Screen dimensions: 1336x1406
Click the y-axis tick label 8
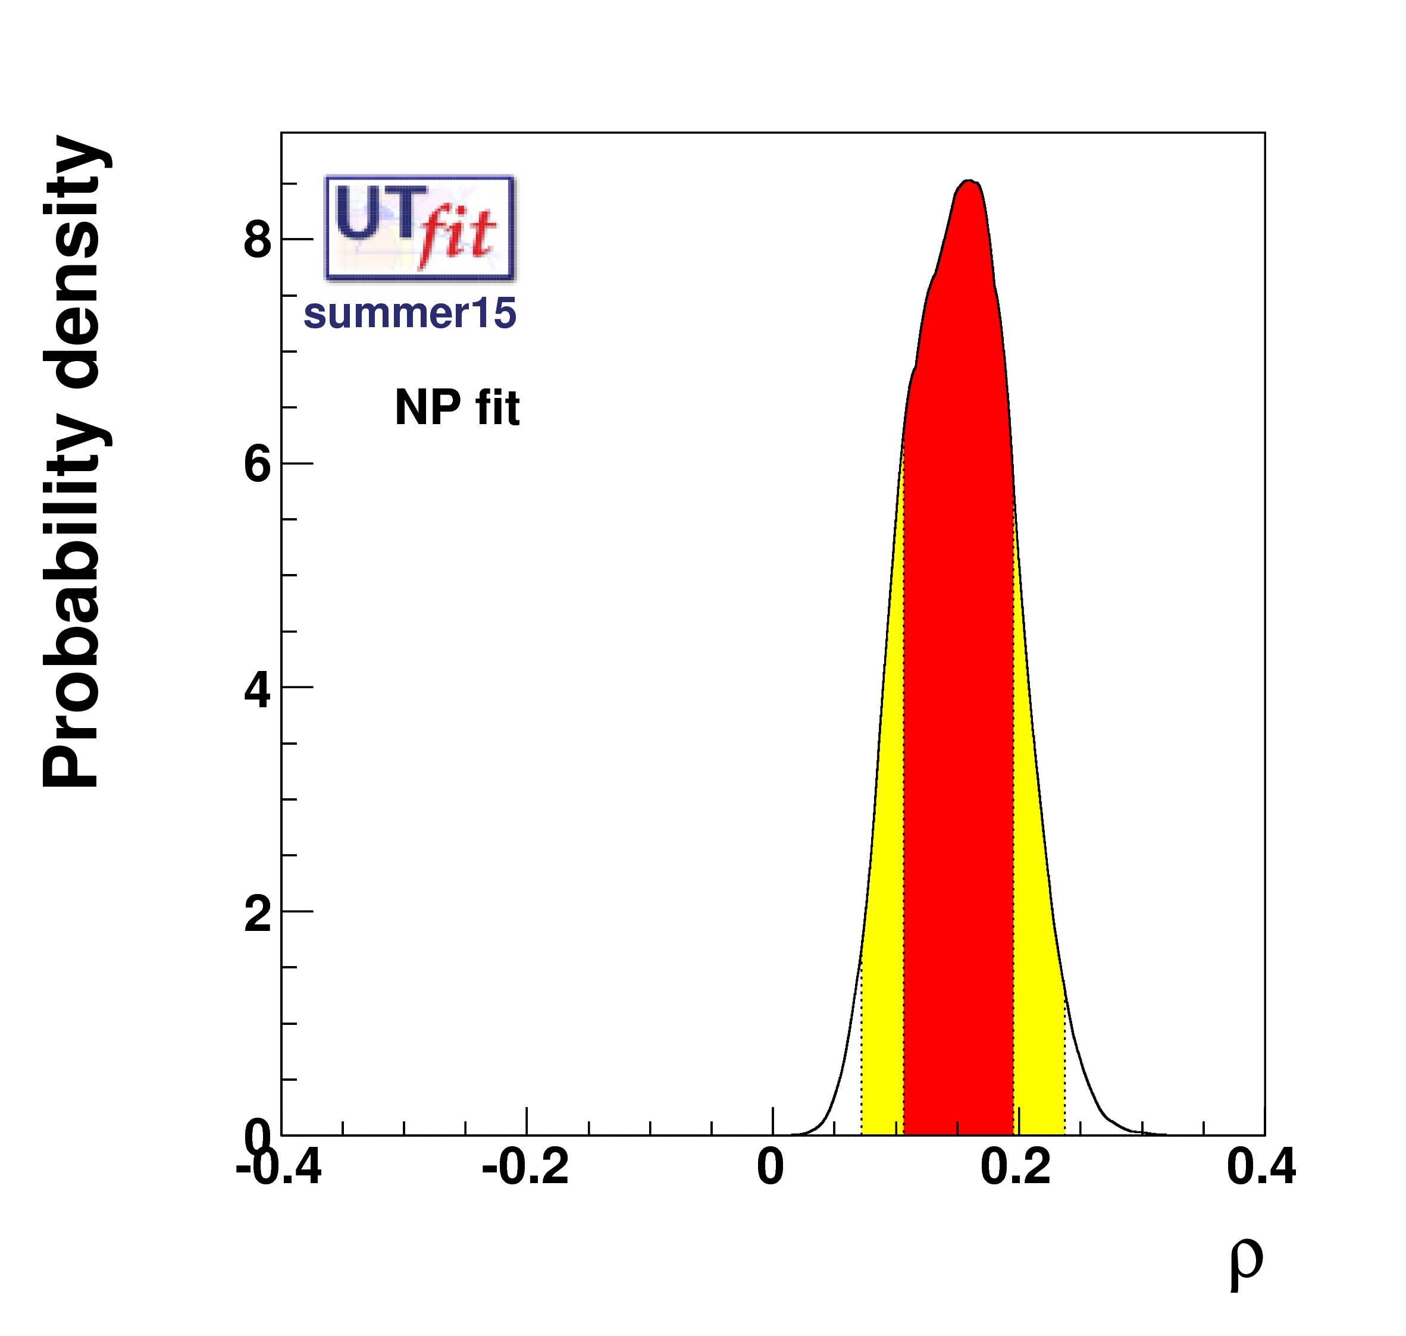[x=257, y=241]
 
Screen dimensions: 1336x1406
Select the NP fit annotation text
[x=458, y=408]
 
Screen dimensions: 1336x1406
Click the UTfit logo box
[x=419, y=228]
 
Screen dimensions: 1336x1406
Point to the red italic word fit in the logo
[x=456, y=235]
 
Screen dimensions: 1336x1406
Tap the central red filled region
[x=958, y=641]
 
